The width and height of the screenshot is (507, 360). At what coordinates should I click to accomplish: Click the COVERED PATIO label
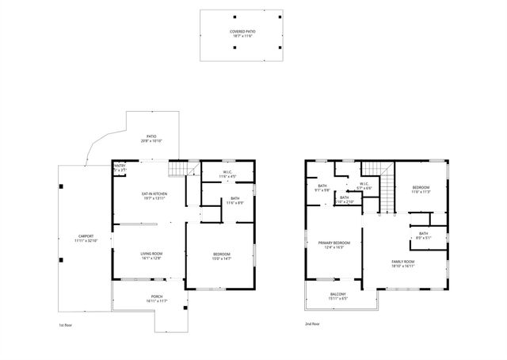coord(237,33)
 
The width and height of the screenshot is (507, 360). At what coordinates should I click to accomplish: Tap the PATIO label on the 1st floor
coord(151,139)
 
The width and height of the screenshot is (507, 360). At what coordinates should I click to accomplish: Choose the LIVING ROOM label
coord(151,256)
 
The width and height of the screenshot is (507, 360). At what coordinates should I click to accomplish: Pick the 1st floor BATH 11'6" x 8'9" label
coord(235,201)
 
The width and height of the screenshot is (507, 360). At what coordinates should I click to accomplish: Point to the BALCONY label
coord(337,297)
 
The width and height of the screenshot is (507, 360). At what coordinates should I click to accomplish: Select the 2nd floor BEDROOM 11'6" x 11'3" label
coord(420,190)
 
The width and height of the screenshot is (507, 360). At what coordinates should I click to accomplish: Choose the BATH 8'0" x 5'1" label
coord(424,236)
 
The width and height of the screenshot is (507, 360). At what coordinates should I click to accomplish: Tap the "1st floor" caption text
coord(67,324)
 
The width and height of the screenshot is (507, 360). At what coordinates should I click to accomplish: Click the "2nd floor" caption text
coord(314,324)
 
